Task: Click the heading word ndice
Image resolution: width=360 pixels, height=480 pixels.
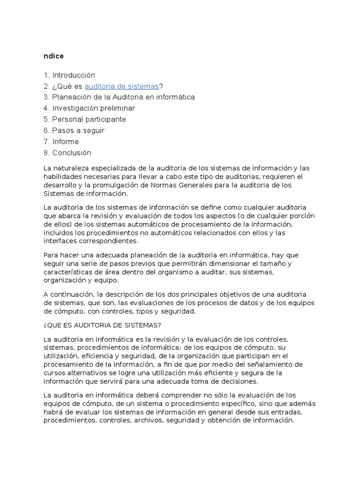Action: click(53, 56)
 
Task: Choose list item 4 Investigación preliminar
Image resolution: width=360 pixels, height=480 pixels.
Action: click(89, 108)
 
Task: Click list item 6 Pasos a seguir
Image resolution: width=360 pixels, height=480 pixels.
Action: click(74, 130)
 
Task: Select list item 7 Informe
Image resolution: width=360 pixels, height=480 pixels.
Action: click(61, 142)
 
